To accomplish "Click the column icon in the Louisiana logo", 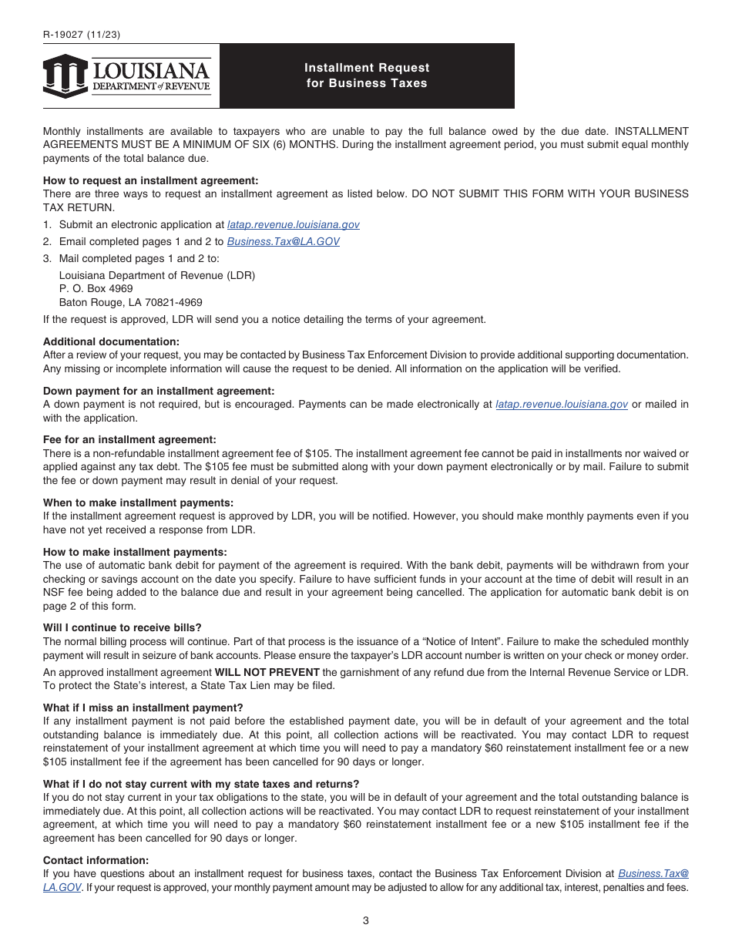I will pyautogui.click(x=65, y=76).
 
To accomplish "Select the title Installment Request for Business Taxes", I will pyautogui.click(x=367, y=76).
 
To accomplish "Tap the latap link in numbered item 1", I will pyautogui.click(x=294, y=225).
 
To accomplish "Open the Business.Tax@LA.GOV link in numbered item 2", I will pyautogui.click(x=283, y=241).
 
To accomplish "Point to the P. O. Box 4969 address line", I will pyautogui.click(x=96, y=289).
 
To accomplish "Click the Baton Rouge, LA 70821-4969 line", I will pyautogui.click(x=130, y=303).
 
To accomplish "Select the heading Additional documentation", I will pyautogui.click(x=111, y=341).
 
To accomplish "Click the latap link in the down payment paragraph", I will pyautogui.click(x=562, y=404).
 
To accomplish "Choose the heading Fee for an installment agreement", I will pyautogui.click(x=129, y=439).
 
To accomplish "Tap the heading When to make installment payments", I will pyautogui.click(x=138, y=503).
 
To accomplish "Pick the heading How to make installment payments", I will pyautogui.click(x=135, y=552).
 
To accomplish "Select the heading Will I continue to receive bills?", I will pyautogui.click(x=122, y=627).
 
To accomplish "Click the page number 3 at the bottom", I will pyautogui.click(x=366, y=920).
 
